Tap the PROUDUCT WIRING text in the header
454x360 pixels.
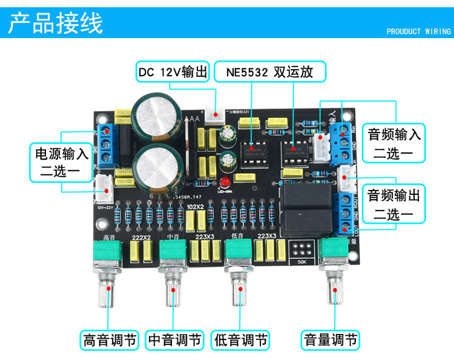click(418, 31)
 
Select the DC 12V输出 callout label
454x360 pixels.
click(173, 72)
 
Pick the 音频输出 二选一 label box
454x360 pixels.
click(393, 205)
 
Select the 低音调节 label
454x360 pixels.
click(240, 339)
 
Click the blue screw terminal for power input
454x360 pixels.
click(109, 145)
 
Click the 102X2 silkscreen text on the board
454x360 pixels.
click(196, 206)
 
